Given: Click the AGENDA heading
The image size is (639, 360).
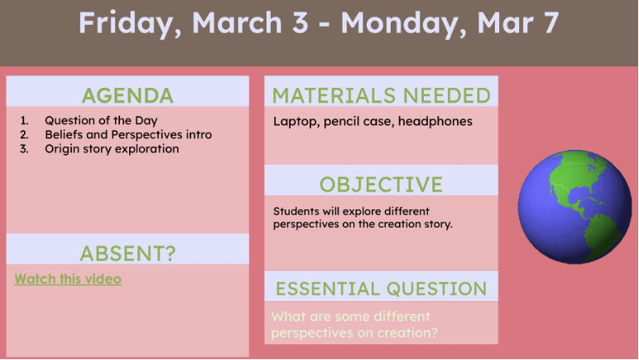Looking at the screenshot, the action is coord(127,96).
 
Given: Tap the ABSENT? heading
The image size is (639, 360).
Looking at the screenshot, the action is coord(127,253).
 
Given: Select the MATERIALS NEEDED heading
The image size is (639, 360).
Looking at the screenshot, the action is coord(381,96).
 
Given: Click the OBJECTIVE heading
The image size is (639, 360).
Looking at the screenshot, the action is coord(381,185).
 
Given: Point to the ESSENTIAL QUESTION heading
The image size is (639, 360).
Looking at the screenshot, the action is coord(381,289).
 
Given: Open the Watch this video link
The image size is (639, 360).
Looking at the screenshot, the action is coord(68,279).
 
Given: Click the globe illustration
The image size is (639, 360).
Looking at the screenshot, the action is coord(574,206).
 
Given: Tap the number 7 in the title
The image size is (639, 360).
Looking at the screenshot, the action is coord(550,23).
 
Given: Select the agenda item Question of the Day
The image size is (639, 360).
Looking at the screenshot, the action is coord(101,121).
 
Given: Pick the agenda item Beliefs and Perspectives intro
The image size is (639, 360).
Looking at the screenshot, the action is coord(128,134).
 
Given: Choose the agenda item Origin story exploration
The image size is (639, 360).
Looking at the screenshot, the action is coord(112,149).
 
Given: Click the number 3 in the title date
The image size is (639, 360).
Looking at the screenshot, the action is coord(300,23).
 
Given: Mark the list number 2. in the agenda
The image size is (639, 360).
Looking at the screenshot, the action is coord(25,134).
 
